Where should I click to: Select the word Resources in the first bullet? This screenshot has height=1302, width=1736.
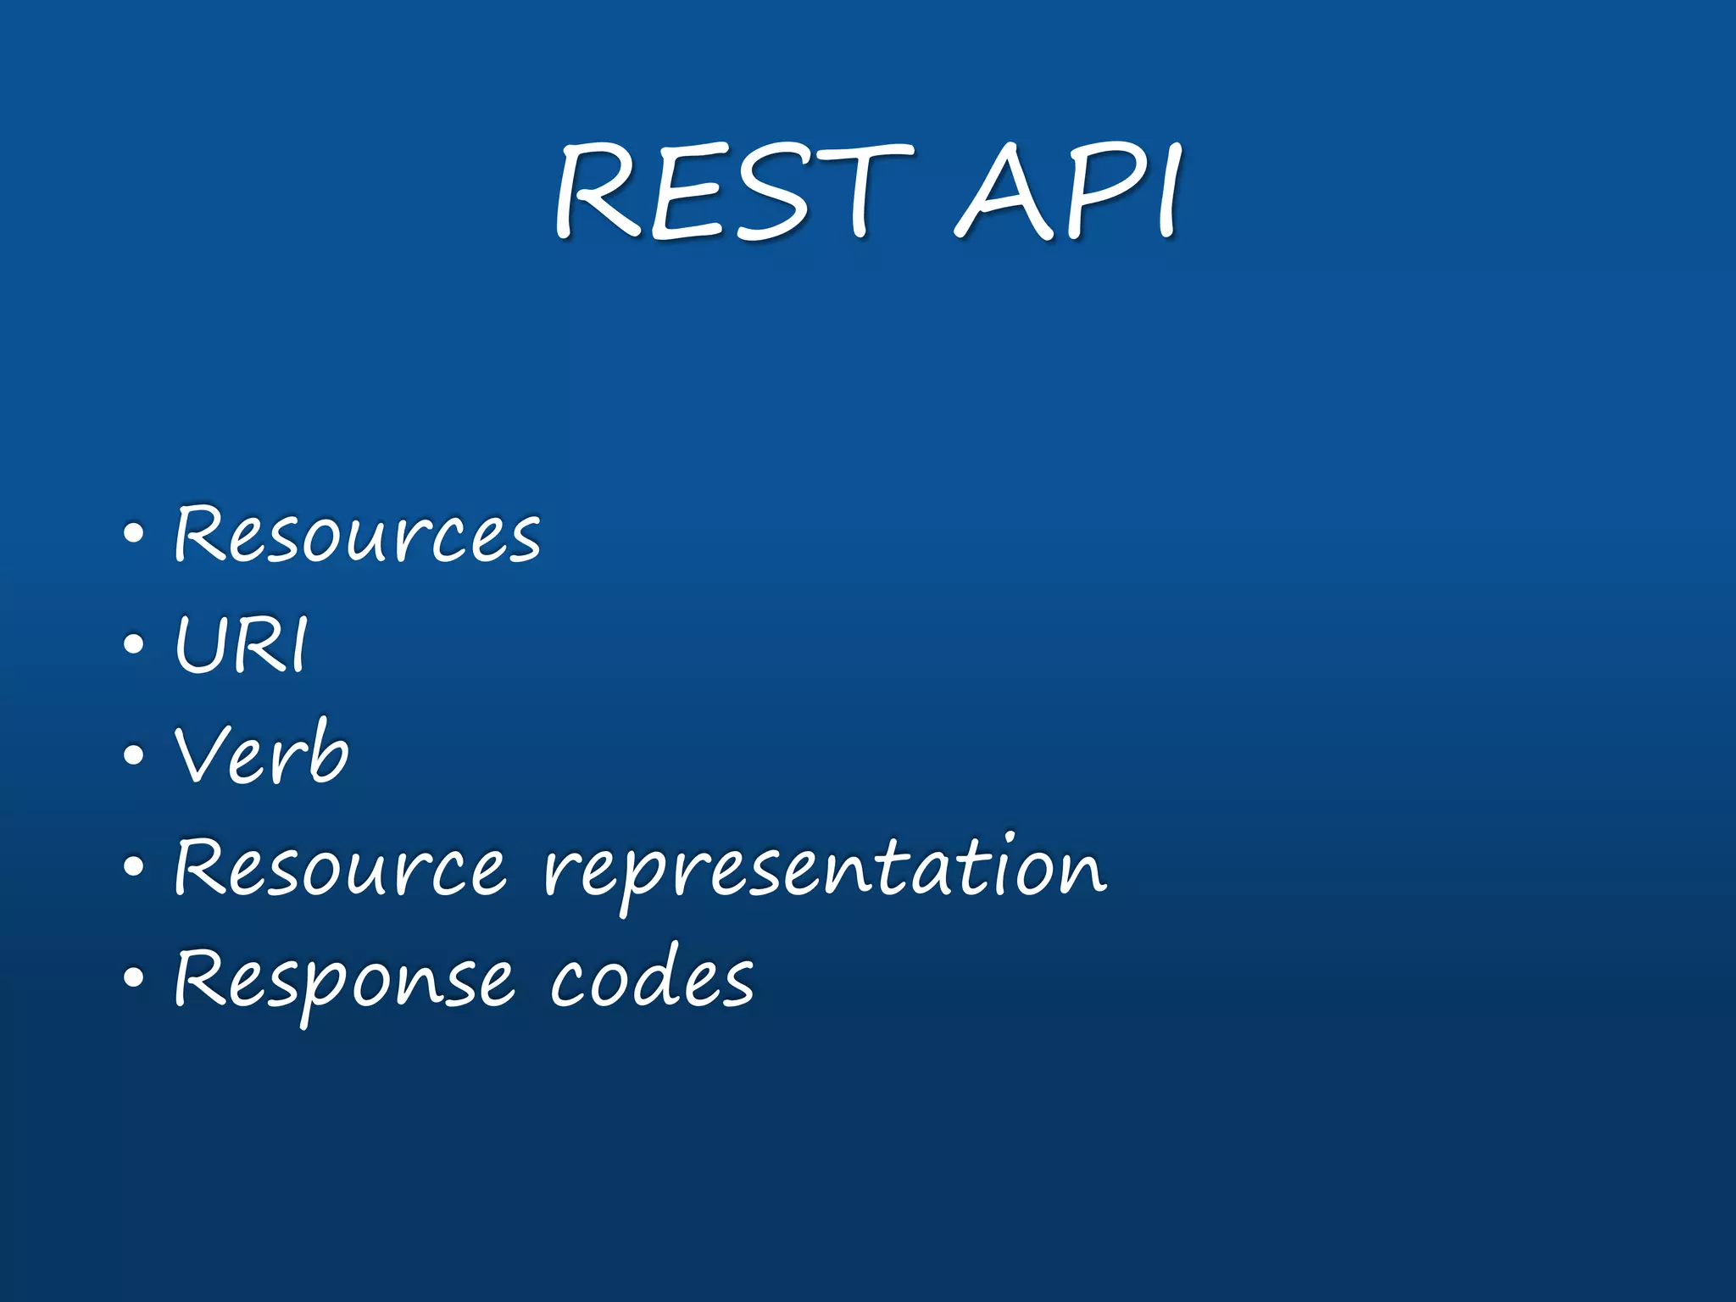(x=357, y=534)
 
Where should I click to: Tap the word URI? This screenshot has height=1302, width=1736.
(x=242, y=645)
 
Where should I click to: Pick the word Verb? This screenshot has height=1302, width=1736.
(x=261, y=754)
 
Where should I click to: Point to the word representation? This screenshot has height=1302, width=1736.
(x=825, y=869)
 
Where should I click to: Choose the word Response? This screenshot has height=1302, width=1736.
(x=343, y=979)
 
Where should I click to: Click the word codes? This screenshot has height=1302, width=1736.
(x=651, y=979)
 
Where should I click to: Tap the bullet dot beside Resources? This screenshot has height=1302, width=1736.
(x=133, y=535)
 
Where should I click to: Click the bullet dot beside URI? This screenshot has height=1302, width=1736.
(x=133, y=645)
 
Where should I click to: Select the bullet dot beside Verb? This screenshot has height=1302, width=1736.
(x=133, y=755)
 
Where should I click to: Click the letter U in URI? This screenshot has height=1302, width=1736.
(x=200, y=645)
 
